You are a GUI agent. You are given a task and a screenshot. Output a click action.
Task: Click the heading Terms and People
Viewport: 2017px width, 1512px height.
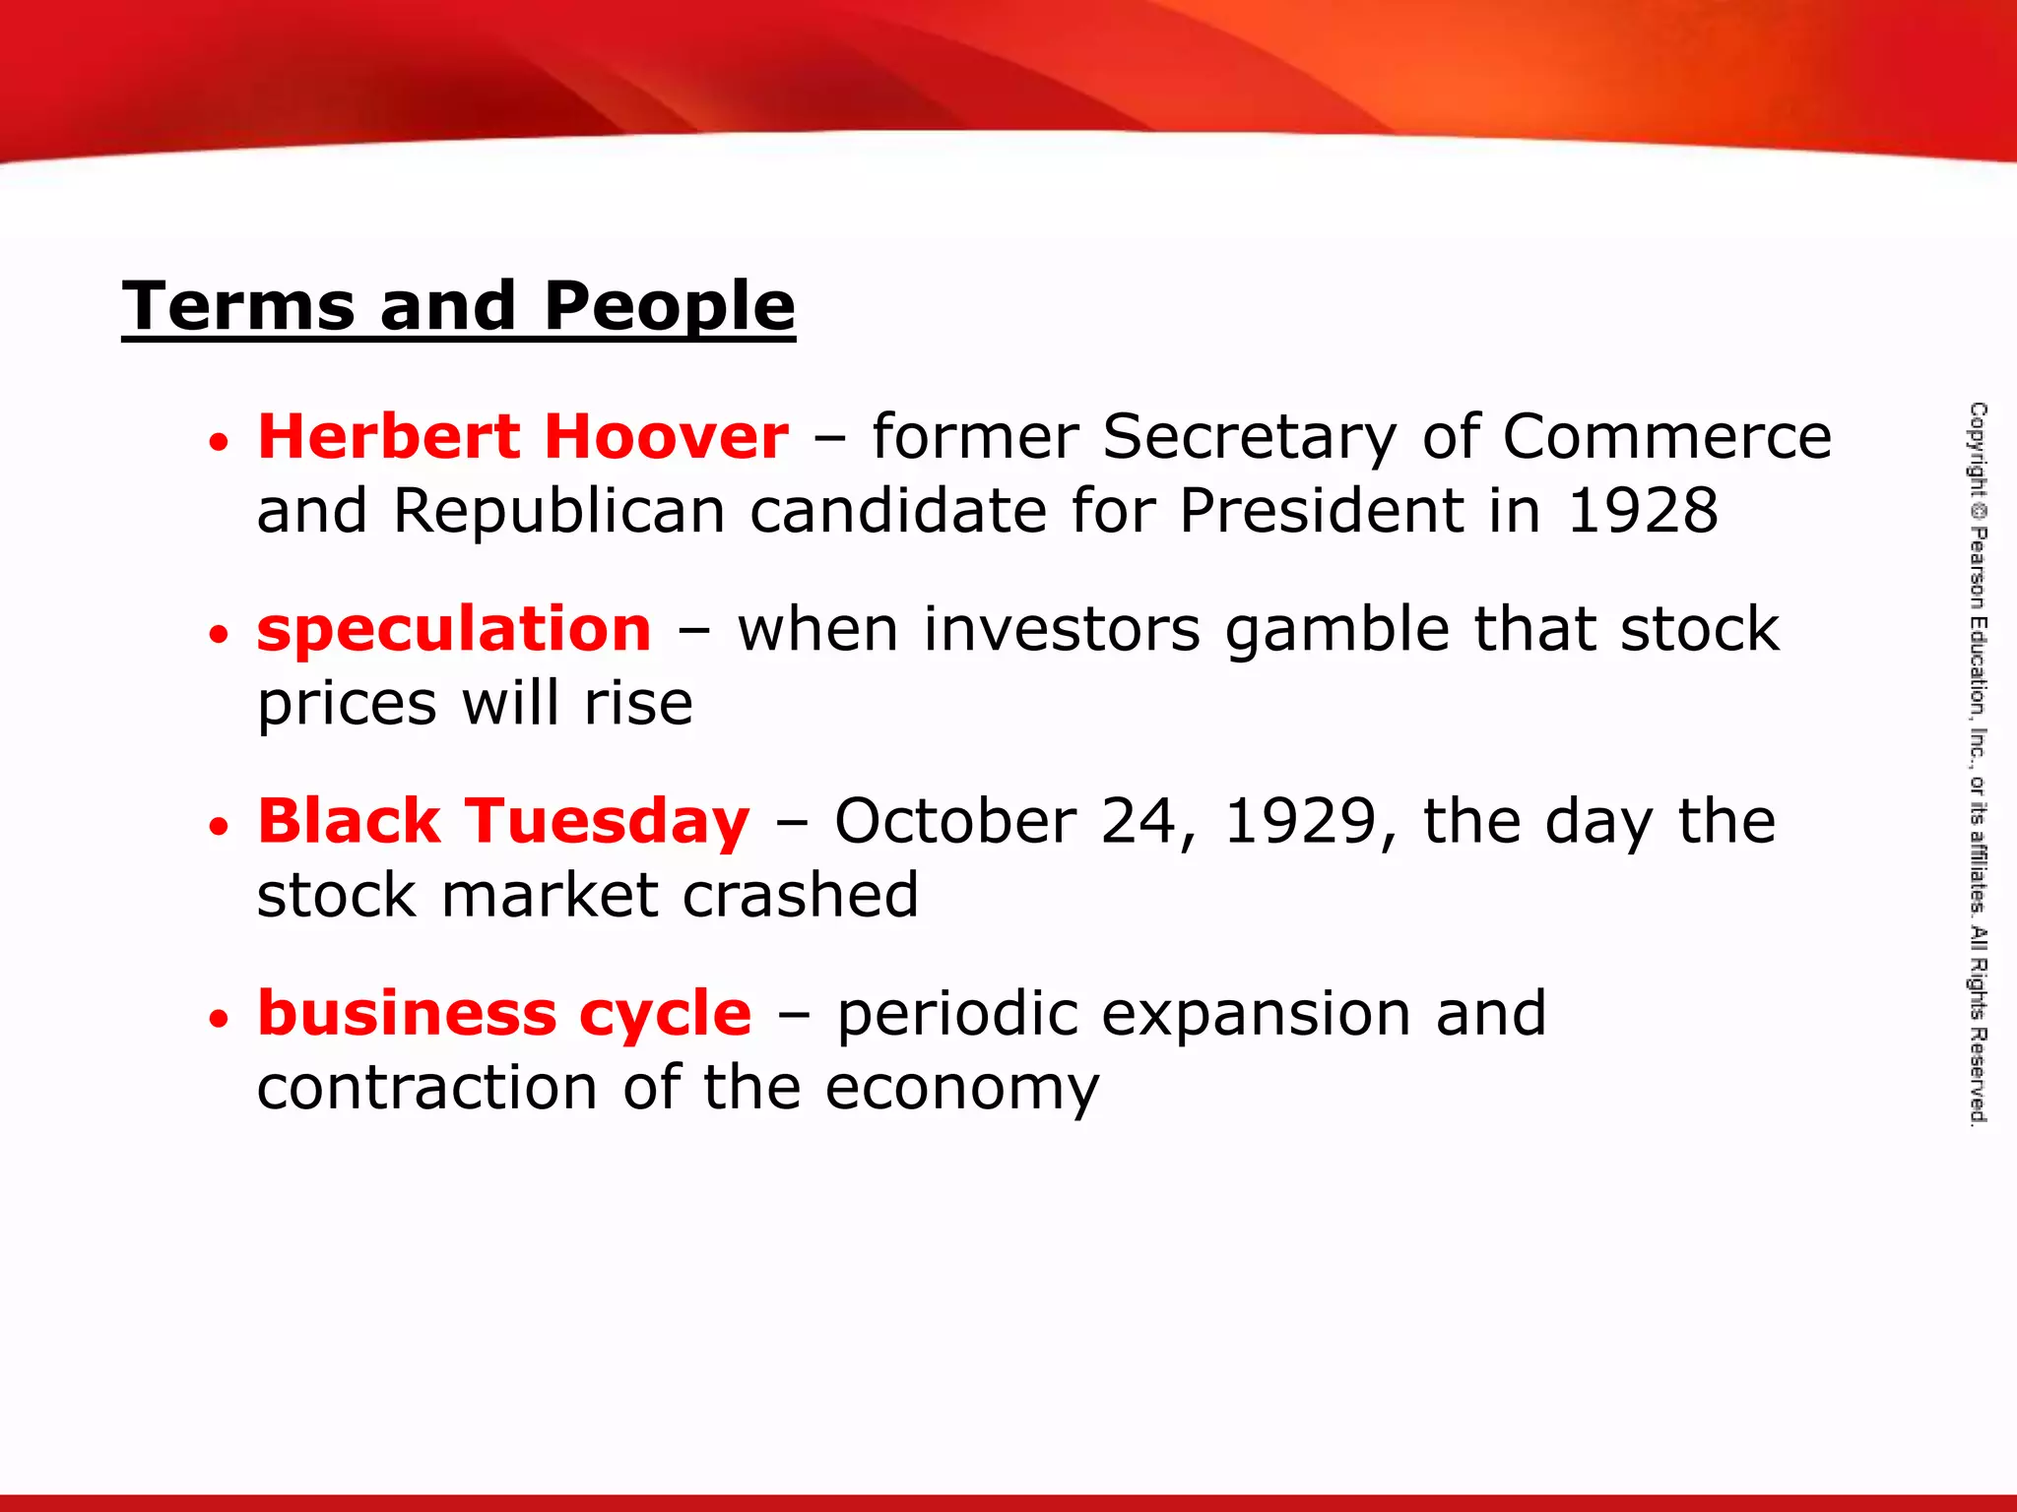pos(458,306)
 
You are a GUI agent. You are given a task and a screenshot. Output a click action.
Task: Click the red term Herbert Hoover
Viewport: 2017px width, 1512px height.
pos(523,437)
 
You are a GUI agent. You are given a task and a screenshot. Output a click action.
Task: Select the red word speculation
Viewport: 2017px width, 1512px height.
pos(454,629)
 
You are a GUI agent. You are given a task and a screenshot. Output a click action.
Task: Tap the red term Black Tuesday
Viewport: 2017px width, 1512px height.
pos(503,822)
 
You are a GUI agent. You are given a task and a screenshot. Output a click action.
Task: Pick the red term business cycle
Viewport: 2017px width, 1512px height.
pos(504,1014)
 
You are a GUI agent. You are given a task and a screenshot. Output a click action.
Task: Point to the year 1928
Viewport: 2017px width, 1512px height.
pos(1642,511)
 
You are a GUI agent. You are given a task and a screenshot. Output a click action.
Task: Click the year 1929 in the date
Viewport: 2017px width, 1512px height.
pos(1300,822)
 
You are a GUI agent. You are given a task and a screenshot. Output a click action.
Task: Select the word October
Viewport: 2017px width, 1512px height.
pos(954,822)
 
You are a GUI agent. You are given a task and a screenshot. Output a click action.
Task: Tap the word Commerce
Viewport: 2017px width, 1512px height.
pos(1666,437)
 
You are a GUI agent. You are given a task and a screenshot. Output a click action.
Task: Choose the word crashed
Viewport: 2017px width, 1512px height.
pos(800,896)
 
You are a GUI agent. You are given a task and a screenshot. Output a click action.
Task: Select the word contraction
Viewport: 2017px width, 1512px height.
pos(426,1088)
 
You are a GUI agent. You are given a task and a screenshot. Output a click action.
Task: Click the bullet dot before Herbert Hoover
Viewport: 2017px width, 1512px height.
pos(219,441)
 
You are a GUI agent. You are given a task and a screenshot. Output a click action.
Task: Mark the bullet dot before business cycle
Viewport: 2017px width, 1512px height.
pos(219,1018)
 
